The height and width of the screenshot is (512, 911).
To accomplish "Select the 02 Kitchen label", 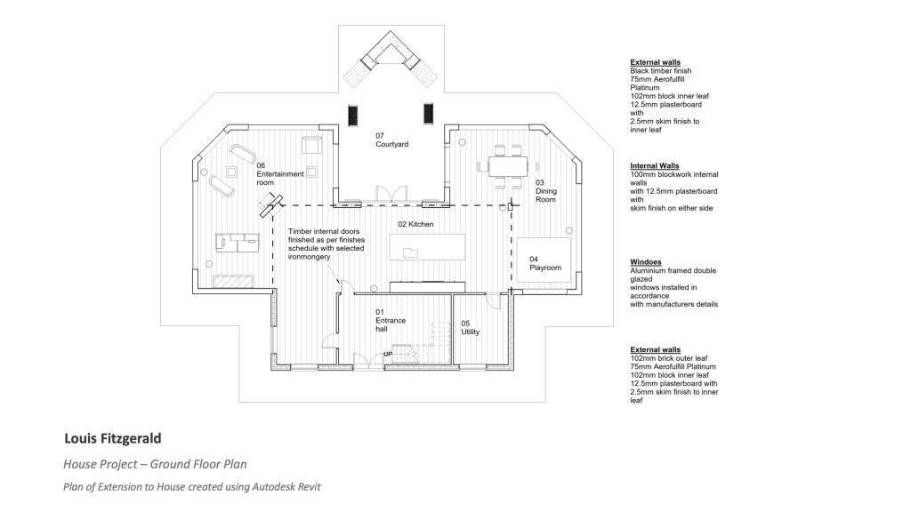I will (415, 225).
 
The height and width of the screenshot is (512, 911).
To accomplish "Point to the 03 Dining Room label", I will (545, 191).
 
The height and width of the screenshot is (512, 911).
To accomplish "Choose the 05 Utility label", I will (471, 327).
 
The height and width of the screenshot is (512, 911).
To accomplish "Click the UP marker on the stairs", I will (388, 355).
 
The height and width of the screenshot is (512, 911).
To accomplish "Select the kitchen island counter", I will (428, 246).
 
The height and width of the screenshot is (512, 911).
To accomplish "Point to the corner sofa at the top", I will (391, 53).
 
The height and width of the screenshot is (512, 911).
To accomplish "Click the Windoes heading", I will (645, 262).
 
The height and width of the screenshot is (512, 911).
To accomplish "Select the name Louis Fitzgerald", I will (112, 438).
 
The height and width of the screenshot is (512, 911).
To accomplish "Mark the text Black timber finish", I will (660, 70).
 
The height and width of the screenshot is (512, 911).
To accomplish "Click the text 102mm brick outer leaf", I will (669, 358).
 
